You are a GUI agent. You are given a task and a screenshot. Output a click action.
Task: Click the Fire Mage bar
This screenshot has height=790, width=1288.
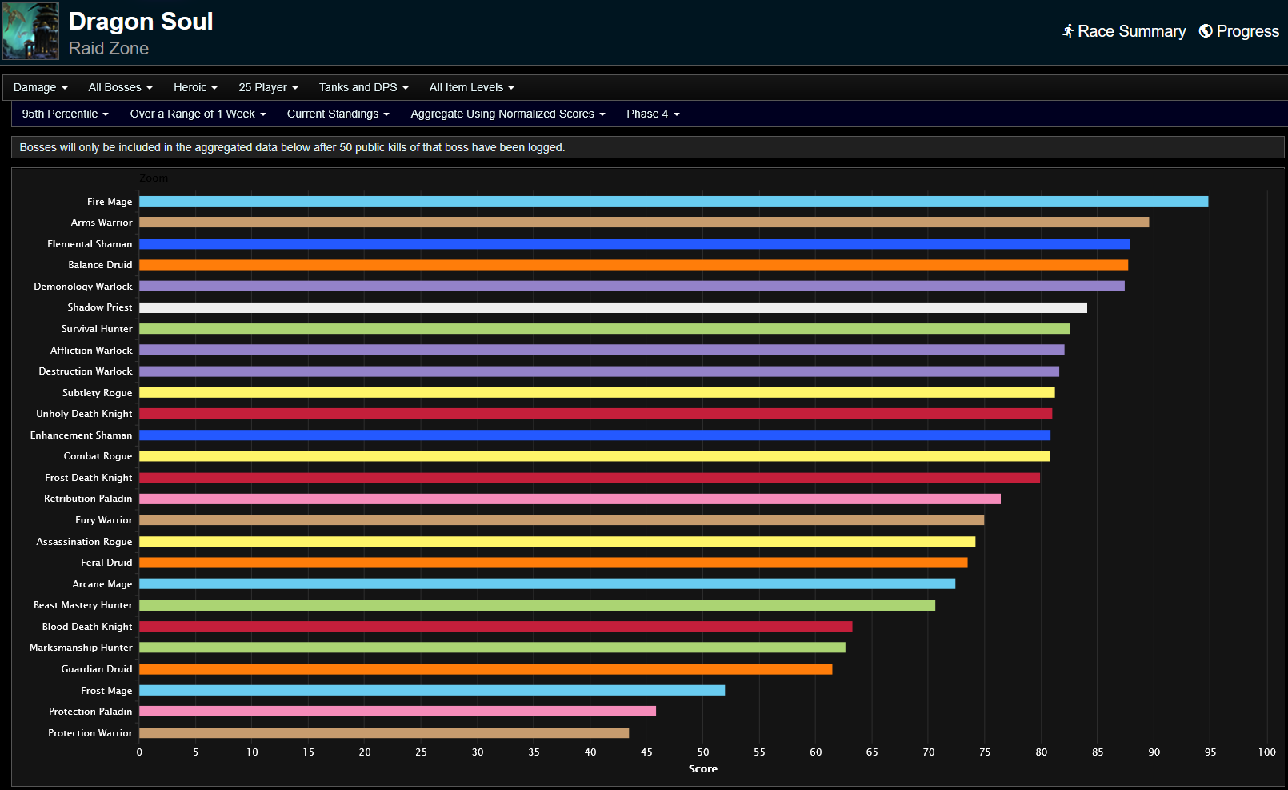tap(673, 202)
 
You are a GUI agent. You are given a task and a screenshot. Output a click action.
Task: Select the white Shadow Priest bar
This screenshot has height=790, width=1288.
tap(613, 307)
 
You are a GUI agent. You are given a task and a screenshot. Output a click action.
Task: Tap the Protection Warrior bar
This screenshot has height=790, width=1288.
tap(384, 733)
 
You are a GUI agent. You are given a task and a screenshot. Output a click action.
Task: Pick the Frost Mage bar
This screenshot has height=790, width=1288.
tap(432, 690)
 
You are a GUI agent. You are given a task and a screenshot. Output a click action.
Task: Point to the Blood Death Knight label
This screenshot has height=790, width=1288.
tap(87, 627)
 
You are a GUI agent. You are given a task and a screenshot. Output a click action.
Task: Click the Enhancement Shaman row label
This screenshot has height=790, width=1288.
tap(81, 435)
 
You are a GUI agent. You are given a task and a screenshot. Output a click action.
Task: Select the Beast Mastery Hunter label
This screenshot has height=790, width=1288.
tap(82, 605)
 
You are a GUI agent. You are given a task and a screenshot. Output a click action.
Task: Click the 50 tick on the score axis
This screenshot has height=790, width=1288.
tap(703, 752)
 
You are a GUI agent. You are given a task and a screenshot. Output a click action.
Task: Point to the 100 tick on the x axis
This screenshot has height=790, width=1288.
tap(1266, 752)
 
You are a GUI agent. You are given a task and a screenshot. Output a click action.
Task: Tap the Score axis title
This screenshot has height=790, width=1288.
tap(703, 769)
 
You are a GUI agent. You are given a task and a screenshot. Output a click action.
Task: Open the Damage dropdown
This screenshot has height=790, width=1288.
tap(40, 87)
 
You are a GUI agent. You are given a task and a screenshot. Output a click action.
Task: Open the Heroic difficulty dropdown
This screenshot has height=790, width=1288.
tap(195, 87)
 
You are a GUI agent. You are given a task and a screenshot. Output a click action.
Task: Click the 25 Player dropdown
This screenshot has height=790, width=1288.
tap(268, 87)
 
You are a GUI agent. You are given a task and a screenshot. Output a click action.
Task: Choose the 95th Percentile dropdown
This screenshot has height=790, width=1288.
tap(65, 114)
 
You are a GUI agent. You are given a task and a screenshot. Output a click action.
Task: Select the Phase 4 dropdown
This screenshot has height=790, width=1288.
tap(653, 114)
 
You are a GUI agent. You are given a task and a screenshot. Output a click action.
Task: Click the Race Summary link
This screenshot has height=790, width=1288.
tap(1124, 31)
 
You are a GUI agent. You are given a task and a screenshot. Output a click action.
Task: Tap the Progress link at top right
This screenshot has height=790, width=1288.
tap(1239, 31)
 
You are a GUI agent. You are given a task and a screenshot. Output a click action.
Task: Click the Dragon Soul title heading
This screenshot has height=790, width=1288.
tap(141, 22)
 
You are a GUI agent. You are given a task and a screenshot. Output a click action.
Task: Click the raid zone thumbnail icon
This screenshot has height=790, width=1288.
tap(30, 31)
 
